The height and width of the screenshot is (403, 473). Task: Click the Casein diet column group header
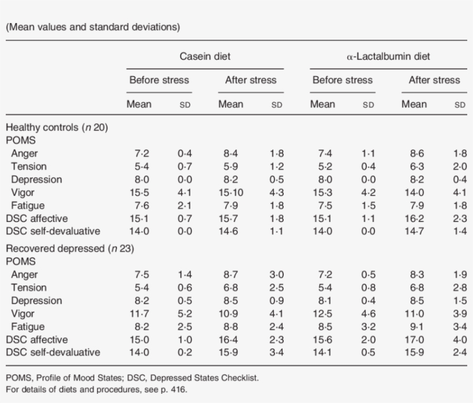tap(205, 57)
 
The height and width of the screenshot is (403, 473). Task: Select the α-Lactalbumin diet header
tap(388, 57)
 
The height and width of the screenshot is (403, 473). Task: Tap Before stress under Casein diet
tap(159, 80)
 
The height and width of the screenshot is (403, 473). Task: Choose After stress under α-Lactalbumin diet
tap(434, 80)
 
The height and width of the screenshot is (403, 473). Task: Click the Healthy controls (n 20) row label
tap(57, 128)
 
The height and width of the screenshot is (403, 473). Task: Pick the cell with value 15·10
tap(231, 193)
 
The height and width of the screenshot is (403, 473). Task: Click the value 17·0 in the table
tap(414, 340)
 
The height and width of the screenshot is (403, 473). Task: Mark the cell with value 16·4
tap(231, 340)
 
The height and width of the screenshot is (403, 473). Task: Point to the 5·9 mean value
tap(231, 167)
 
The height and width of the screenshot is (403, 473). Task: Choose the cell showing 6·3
tap(414, 167)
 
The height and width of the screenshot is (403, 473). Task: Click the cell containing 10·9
tap(231, 314)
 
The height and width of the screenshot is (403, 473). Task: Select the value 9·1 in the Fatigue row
tap(414, 326)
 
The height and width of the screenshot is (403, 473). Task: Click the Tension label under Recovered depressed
tap(29, 288)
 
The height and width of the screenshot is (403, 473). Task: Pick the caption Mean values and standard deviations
tap(93, 27)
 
